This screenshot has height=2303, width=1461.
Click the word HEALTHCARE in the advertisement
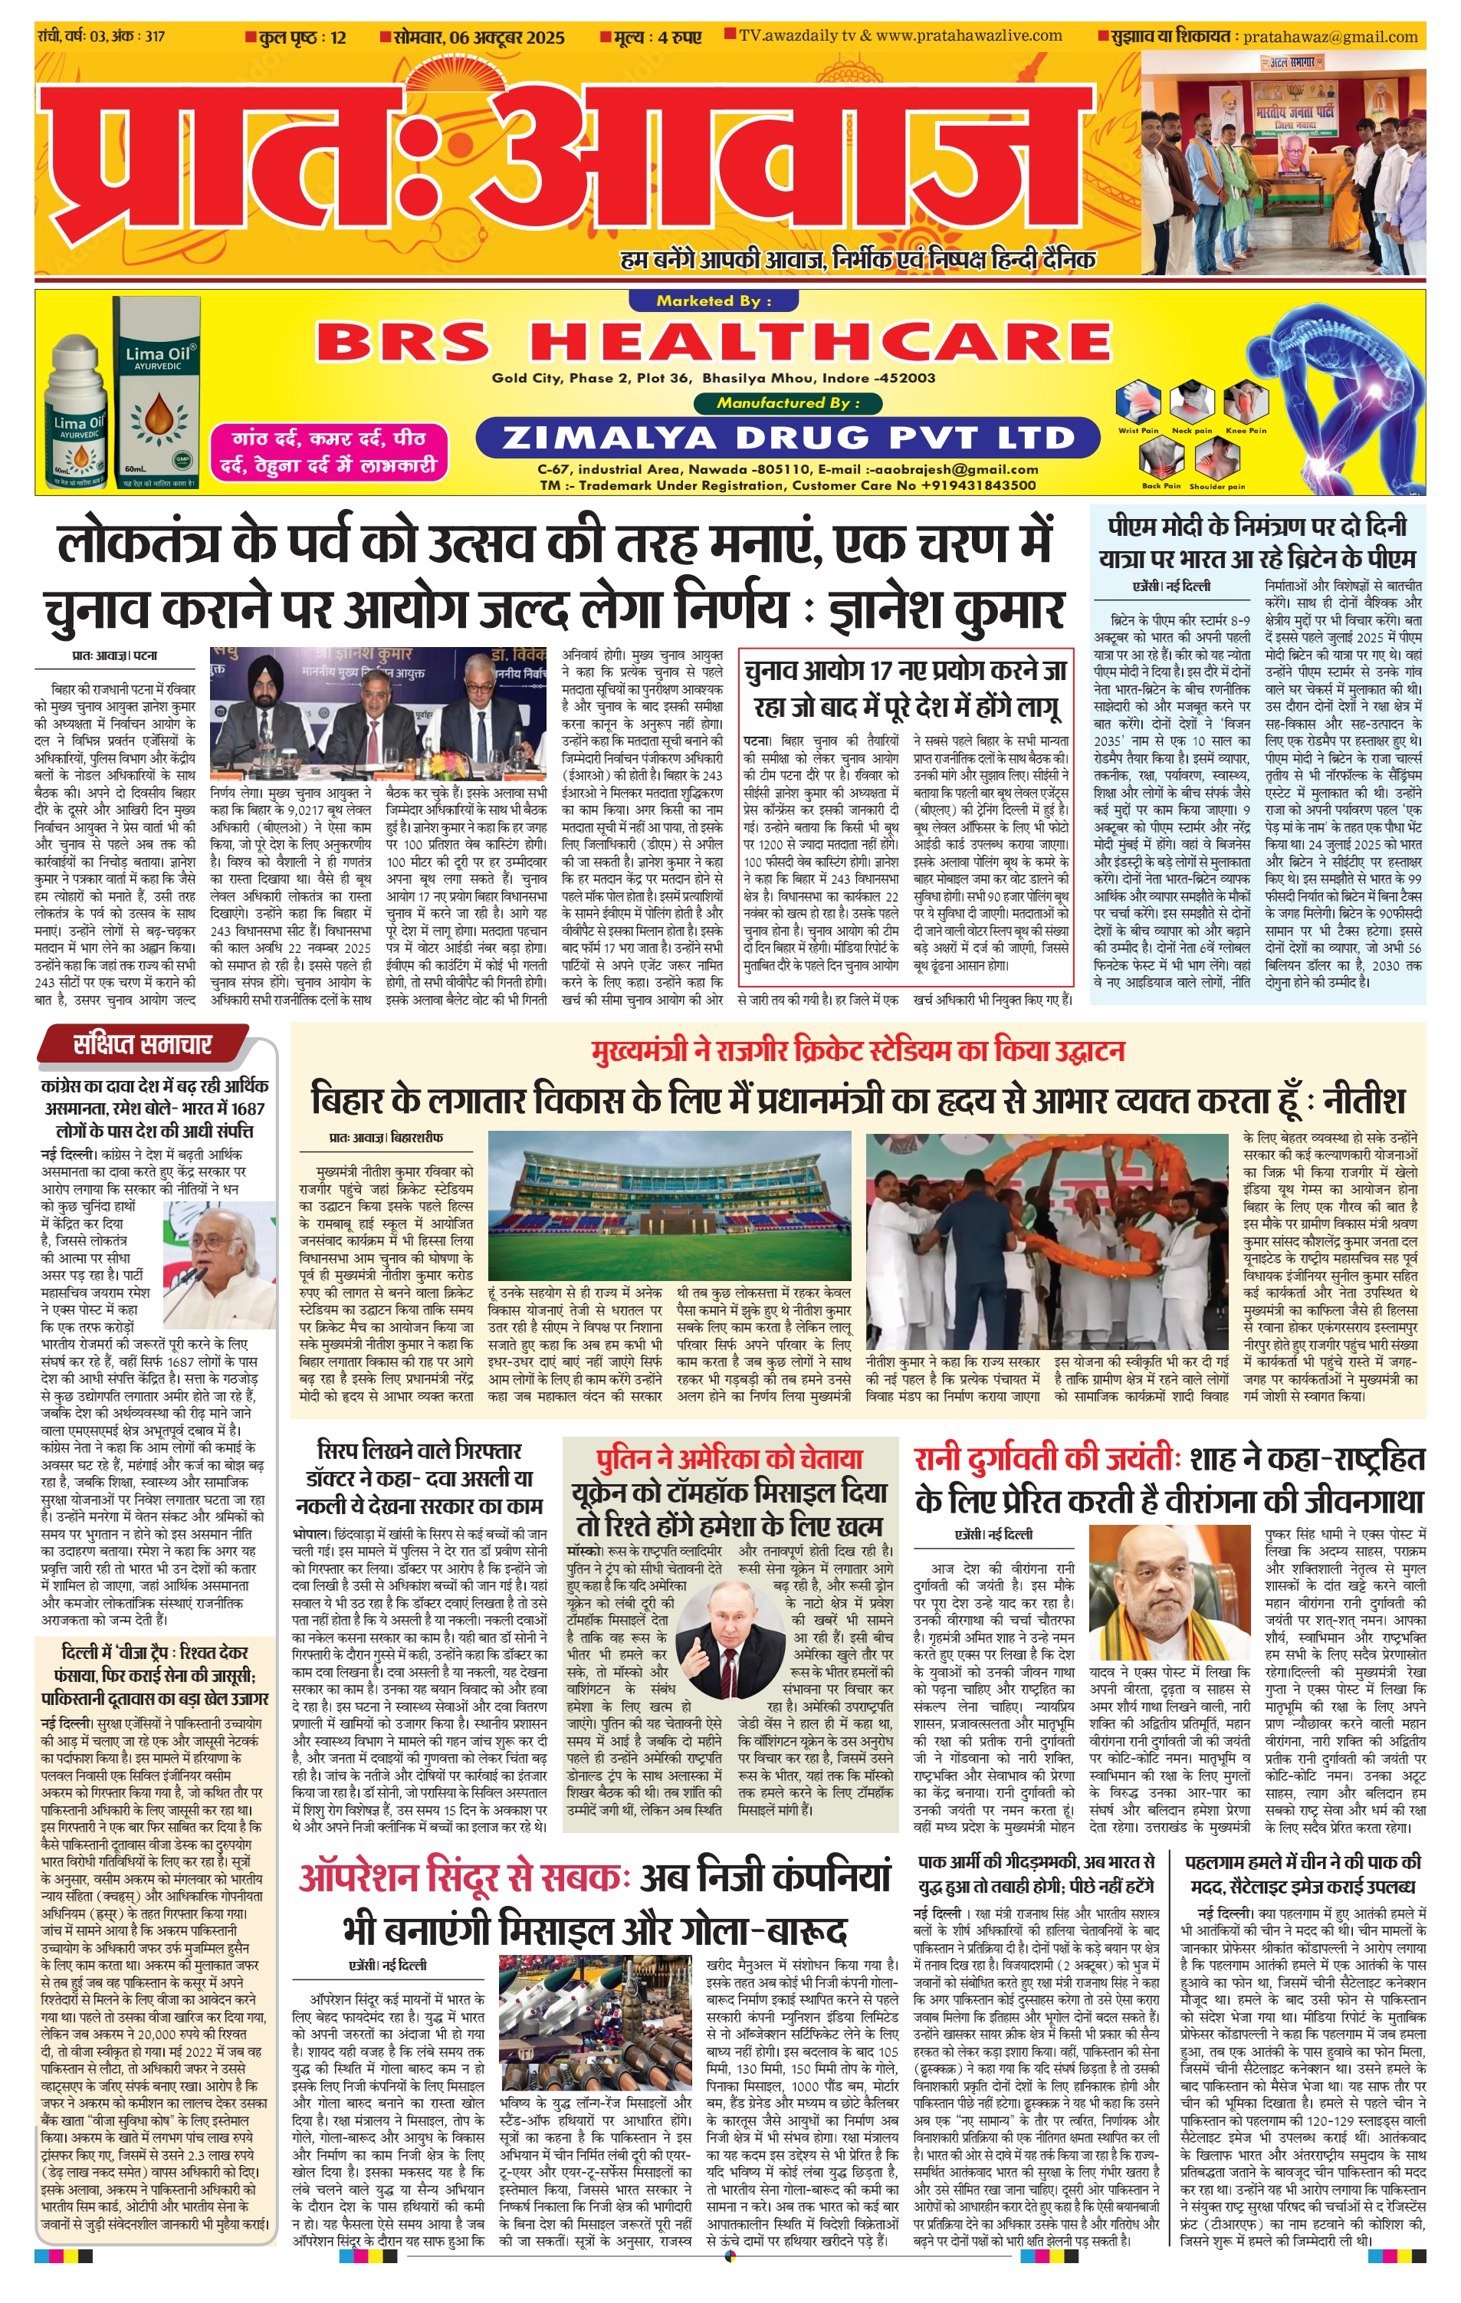pyautogui.click(x=819, y=341)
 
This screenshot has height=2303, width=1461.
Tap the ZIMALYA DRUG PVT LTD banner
pyautogui.click(x=788, y=438)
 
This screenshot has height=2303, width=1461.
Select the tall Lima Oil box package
pyautogui.click(x=157, y=392)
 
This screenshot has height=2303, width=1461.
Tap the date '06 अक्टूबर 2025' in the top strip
pyautogui.click(x=479, y=38)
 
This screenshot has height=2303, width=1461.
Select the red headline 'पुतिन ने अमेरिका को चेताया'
pyautogui.click(x=729, y=1458)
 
